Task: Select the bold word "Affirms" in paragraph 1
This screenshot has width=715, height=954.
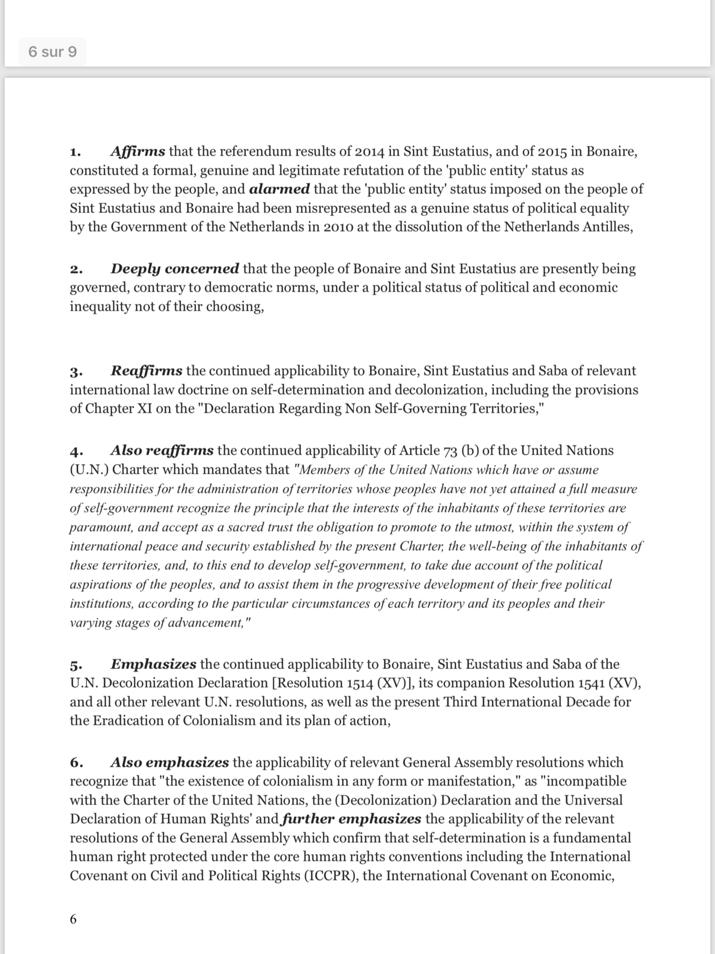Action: click(x=137, y=151)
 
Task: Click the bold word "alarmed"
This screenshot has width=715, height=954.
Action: click(x=279, y=189)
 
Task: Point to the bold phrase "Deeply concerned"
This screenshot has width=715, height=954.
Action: click(x=175, y=269)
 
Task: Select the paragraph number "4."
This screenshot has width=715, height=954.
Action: click(x=76, y=451)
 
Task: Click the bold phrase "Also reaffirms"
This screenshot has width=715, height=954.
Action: click(x=162, y=450)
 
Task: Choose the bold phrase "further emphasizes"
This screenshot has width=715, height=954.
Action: click(x=351, y=819)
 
